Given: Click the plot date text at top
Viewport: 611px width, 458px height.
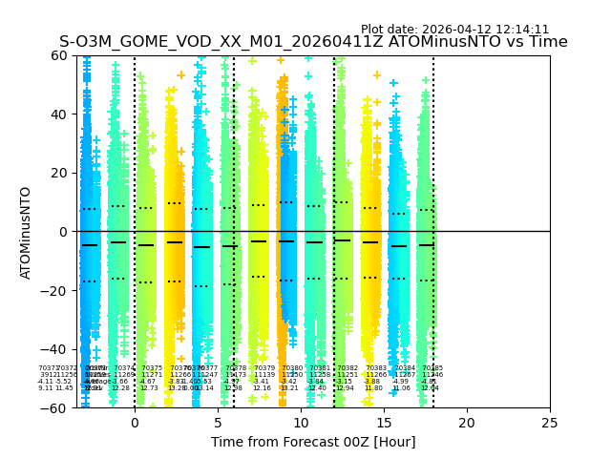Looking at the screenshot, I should click(454, 30).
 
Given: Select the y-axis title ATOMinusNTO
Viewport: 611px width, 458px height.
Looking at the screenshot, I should click(27, 232).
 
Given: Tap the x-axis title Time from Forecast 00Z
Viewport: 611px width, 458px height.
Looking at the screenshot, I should click(313, 442).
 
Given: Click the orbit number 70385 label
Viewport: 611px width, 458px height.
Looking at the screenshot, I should click(432, 368).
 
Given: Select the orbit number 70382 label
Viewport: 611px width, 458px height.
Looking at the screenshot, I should click(348, 368).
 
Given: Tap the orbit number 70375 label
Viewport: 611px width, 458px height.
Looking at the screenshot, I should click(152, 368).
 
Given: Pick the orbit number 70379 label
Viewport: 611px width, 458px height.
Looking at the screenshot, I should click(264, 368).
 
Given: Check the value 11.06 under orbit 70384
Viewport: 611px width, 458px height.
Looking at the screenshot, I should click(401, 388).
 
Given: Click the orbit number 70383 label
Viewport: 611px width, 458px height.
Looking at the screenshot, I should click(376, 368).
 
